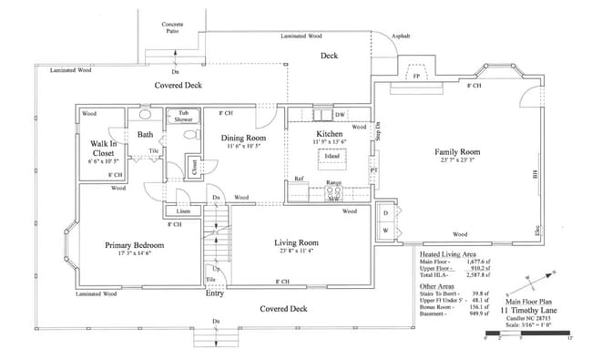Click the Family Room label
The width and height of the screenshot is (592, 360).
[456, 151]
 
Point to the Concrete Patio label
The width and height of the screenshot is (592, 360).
[173, 27]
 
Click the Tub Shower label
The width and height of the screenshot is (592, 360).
[183, 116]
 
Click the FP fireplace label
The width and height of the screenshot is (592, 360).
[416, 77]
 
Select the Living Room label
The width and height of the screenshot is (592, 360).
[296, 242]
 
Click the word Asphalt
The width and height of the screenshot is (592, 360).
[401, 36]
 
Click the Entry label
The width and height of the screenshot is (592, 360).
[215, 293]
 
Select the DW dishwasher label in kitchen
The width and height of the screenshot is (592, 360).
[339, 115]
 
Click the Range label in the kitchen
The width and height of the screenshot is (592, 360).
[333, 183]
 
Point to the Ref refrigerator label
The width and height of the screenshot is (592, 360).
[299, 179]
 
